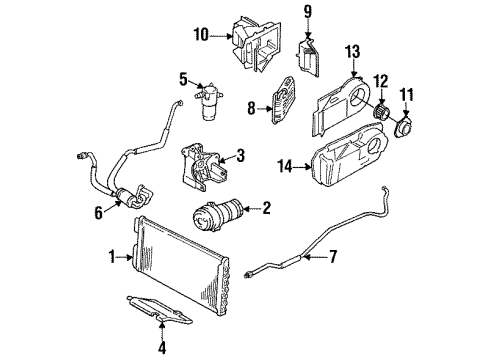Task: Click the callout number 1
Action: pos(112,257)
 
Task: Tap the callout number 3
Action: pos(240,155)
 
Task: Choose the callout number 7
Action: pos(333,258)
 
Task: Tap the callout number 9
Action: pos(308,12)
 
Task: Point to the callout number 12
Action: pos(379,80)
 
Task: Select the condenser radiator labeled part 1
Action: pos(180,265)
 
